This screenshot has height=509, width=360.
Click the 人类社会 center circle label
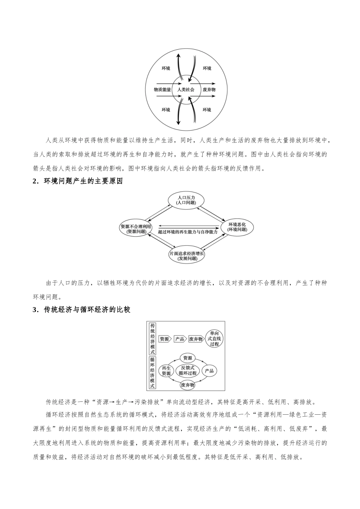(x=186, y=89)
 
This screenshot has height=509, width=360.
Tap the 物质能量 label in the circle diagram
(x=162, y=89)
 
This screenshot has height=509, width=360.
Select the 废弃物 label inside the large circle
(x=209, y=89)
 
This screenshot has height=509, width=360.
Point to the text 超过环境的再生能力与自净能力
(x=188, y=232)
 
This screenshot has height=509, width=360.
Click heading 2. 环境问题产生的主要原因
(x=78, y=181)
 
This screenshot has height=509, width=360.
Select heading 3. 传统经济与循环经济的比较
(x=81, y=310)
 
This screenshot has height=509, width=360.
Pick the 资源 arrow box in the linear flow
(x=164, y=339)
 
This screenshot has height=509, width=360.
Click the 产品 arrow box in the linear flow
(x=180, y=339)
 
